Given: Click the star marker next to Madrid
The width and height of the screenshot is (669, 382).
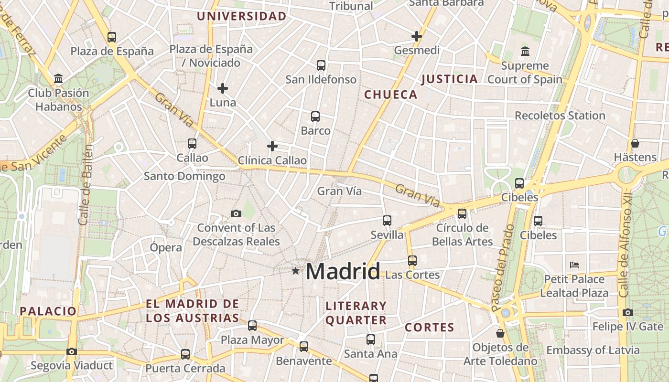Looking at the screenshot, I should point(296,271).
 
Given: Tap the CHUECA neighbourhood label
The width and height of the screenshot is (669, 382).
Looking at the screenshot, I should point(391,95).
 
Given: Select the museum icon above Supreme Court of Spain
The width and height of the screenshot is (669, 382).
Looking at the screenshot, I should point(525,51).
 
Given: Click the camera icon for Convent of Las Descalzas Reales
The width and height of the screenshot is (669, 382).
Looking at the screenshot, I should point(236,213).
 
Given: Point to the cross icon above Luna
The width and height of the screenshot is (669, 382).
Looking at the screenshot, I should point(223,88).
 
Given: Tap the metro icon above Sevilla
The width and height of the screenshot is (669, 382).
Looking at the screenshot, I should point(387,221).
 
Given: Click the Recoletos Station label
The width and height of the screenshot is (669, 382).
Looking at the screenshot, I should point(560,116).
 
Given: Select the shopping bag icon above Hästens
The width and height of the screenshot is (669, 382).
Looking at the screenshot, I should point(635,143).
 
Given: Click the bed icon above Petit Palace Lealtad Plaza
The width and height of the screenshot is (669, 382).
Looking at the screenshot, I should point(574,265).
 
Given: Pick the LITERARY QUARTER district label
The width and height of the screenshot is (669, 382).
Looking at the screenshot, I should point(356,313).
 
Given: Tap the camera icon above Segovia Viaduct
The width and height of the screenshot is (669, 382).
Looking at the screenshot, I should point(72,351).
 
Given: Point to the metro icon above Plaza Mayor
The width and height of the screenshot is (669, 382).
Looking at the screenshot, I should point(252,326).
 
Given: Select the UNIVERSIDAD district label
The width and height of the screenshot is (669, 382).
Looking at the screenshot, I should point(241,16).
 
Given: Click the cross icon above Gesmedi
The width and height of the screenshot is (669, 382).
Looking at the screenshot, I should point(417,36).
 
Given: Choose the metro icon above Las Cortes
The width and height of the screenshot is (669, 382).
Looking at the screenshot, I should point(412,261).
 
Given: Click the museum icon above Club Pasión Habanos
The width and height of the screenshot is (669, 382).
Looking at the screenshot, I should point(58,78).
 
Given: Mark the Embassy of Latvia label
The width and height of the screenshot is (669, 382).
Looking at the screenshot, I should point(593,350).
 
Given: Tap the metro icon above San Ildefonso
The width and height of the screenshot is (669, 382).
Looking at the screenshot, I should point(321,65).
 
